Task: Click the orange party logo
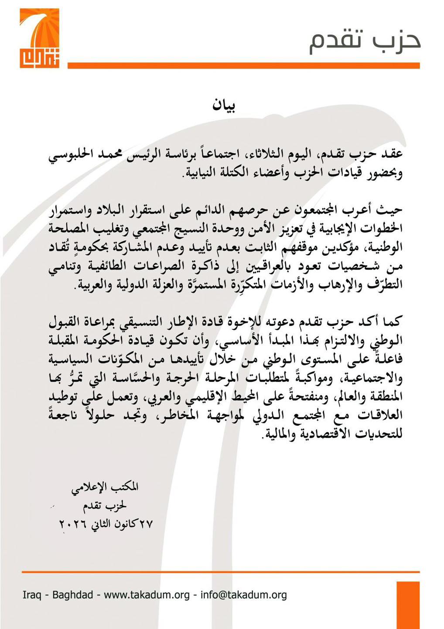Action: pos(39,38)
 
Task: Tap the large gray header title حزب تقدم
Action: pos(365,43)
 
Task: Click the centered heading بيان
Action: pos(224,106)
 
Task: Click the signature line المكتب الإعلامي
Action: pos(105,487)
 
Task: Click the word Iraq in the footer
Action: pos(32,594)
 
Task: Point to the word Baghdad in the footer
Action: pos(72,594)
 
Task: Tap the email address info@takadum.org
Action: pos(243,594)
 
